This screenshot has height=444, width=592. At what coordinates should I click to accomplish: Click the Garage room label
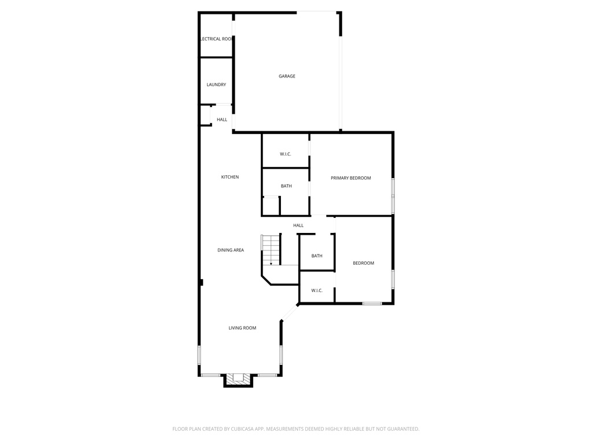pos(287,76)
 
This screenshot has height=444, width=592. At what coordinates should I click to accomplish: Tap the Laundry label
pos(216,85)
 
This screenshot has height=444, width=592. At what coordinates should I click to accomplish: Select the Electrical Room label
pos(216,39)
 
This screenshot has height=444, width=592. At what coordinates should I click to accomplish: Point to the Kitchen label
pos(230,177)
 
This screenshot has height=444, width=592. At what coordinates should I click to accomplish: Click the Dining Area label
pos(231,250)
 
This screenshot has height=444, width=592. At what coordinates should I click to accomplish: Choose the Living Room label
pos(242,328)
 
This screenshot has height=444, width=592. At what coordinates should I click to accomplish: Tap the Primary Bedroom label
pos(351,178)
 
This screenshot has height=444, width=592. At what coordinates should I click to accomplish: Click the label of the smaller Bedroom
pos(364,263)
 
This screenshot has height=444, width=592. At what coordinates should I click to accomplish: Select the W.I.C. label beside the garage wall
pos(285,154)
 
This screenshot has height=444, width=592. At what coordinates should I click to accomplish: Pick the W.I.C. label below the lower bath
pos(317,290)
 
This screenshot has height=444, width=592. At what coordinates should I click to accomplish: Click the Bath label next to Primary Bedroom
pos(286,186)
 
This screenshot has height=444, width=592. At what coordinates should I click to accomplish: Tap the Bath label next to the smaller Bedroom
pos(317,256)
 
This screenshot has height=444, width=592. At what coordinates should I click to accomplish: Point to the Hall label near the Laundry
pos(222,120)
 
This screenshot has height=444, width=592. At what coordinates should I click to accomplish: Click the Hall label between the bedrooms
pos(298,225)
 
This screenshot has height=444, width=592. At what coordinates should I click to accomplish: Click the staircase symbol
pos(271,250)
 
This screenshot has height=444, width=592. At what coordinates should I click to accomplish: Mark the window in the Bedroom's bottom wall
pos(372,304)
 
